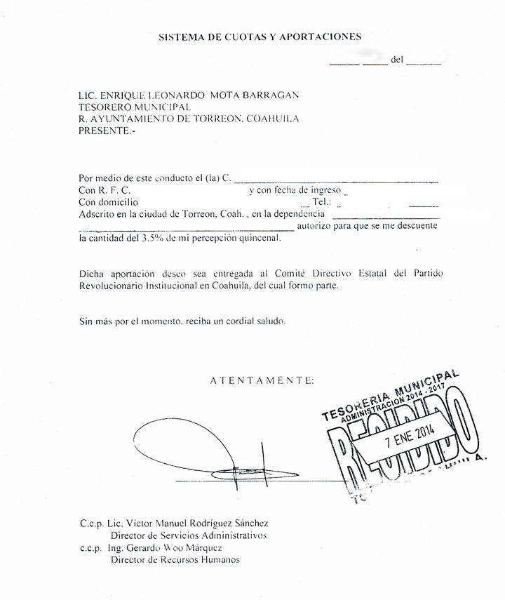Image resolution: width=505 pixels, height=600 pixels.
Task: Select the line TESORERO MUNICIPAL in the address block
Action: pyautogui.click(x=135, y=107)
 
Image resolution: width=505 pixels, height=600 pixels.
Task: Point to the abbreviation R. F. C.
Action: pyautogui.click(x=113, y=190)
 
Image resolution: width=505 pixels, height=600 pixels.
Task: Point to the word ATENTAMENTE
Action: pyautogui.click(x=262, y=380)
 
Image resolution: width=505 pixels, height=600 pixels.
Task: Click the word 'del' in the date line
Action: pyautogui.click(x=397, y=61)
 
